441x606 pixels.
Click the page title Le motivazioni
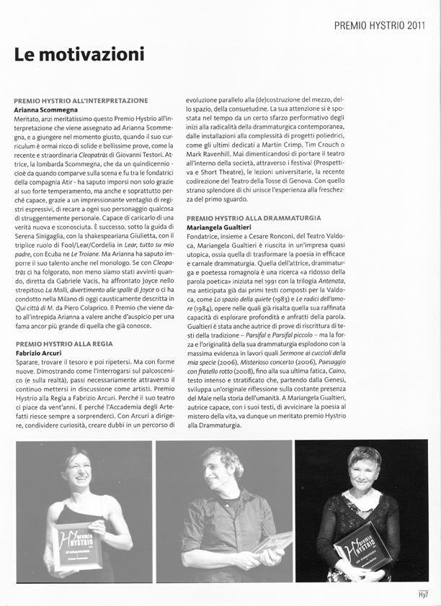[x=79, y=54]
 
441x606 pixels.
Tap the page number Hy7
[x=423, y=594]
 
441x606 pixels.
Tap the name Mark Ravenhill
[x=214, y=154]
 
